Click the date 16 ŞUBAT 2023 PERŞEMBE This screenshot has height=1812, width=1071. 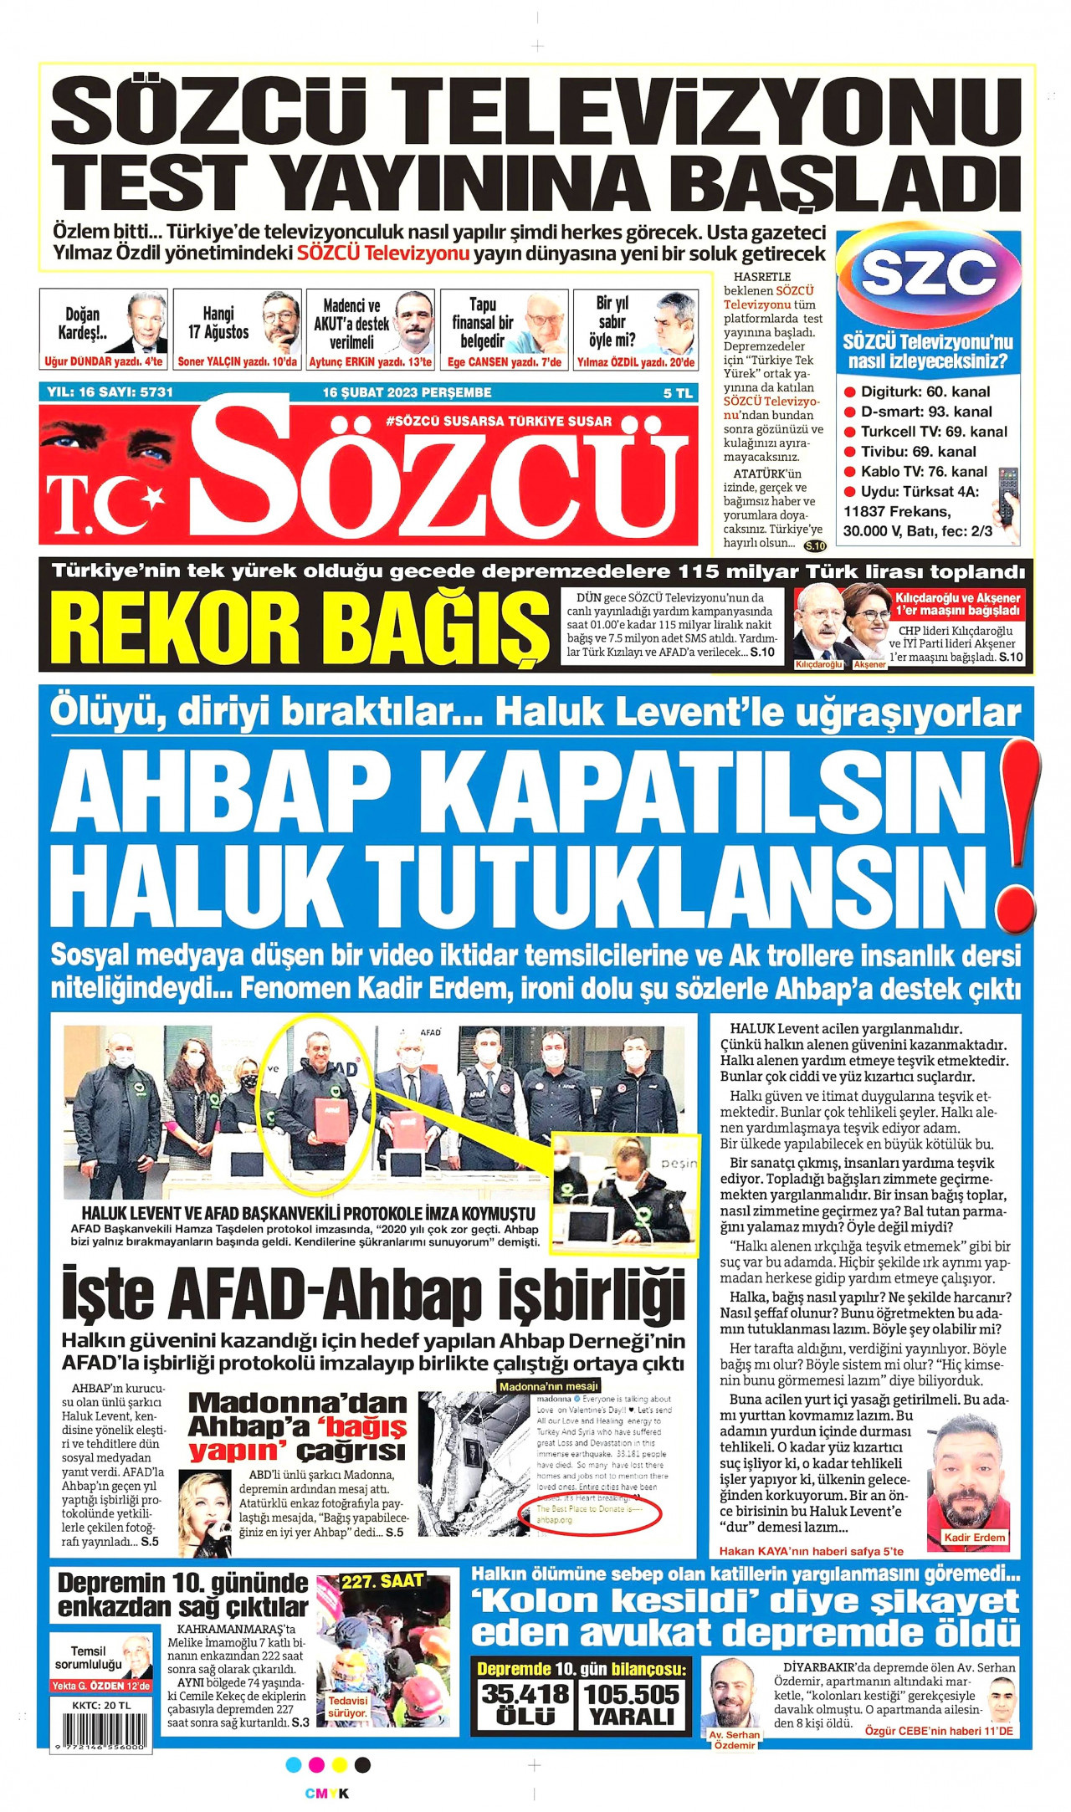point(407,392)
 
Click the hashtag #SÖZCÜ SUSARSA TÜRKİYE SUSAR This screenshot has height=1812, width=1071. point(499,421)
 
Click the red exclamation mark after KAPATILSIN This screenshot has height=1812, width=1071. point(1019,837)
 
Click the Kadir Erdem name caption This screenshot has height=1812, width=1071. point(974,1538)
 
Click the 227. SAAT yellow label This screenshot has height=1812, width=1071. point(382,1581)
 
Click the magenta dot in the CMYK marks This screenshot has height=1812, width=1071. point(317,1765)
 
